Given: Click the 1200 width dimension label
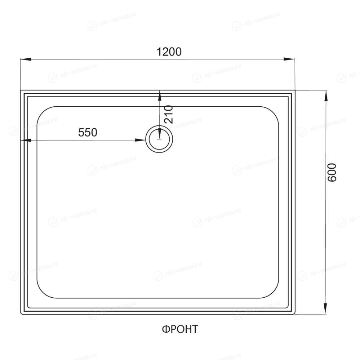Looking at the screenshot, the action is pos(169,52).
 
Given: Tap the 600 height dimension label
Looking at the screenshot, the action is pos(332,172).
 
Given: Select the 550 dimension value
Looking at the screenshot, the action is pos(88,133).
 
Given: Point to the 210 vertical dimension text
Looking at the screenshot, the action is pos(169,114).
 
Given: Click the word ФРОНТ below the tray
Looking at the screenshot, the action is pos(180,329).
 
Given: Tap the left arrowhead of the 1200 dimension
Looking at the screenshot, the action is pos(26,59).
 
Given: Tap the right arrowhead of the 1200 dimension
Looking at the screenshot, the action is pos(289,59).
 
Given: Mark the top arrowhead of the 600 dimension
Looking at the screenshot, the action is pos(325,96).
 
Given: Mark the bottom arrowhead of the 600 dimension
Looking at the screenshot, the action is pos(325,308).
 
